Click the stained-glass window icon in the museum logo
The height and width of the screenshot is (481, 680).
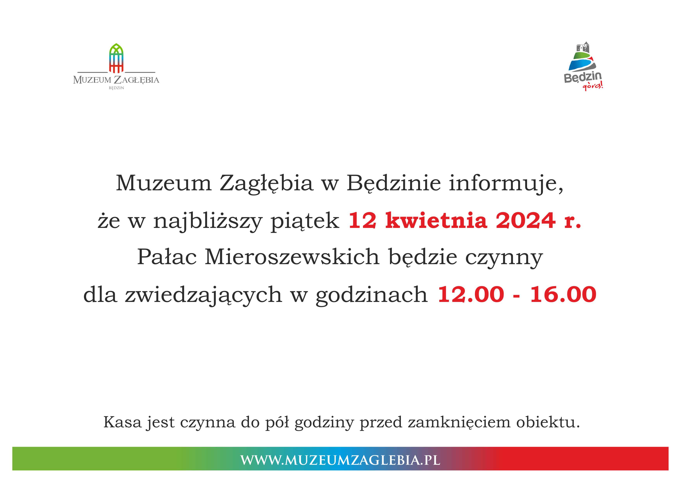point(116,58)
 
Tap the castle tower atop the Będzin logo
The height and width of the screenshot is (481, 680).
point(582,47)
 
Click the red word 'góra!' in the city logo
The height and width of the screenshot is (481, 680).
point(593,86)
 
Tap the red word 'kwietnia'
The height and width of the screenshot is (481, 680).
point(436,220)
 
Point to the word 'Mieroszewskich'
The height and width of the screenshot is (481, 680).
point(292,257)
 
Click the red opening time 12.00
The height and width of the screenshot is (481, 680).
point(471,294)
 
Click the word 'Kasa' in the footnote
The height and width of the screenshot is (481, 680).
point(122,422)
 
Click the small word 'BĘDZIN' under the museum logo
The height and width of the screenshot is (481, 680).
point(116,88)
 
